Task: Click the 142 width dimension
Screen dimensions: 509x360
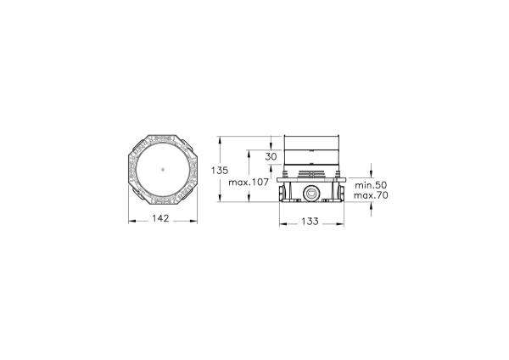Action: pos(160,219)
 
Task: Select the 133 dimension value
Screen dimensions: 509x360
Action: pos(310,222)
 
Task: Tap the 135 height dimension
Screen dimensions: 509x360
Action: pos(220,171)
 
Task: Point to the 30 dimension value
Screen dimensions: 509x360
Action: pos(271,156)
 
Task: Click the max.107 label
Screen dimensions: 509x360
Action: pos(249,183)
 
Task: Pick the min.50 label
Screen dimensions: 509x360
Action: pos(371,185)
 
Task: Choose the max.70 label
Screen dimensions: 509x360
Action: pos(371,195)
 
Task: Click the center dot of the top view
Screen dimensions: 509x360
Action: pos(163,169)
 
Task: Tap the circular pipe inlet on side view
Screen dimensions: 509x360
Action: pos(310,194)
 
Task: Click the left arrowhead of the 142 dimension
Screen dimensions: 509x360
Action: pos(131,222)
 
